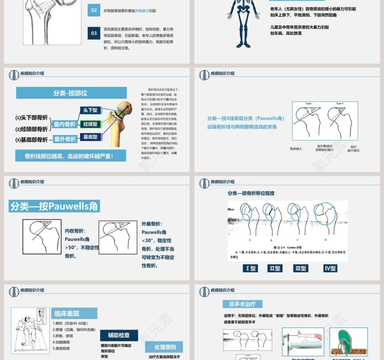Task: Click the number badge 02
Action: click(94, 10)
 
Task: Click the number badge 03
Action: click(94, 33)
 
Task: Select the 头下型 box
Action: click(90, 110)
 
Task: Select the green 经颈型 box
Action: click(90, 124)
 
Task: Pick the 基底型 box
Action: click(90, 137)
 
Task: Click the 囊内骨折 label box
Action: click(64, 124)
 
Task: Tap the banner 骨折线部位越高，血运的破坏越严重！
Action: click(70, 156)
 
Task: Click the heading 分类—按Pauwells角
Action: click(54, 206)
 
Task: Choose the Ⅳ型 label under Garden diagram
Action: click(330, 268)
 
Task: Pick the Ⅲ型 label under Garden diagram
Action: click(300, 268)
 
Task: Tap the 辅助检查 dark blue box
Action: click(118, 335)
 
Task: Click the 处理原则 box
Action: click(165, 347)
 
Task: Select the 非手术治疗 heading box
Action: click(242, 304)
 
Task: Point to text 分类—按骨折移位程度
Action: click(251, 193)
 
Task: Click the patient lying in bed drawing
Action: click(30, 330)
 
